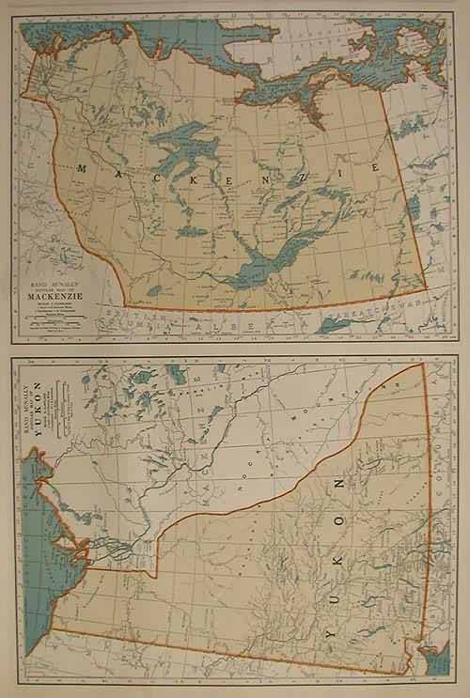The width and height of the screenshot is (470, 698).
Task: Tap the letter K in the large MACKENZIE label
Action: coord(177,170)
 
